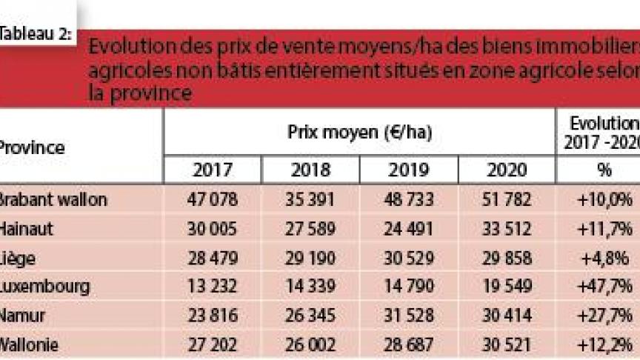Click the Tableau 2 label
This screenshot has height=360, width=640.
coord(36,33)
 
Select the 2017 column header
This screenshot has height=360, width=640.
coord(212,170)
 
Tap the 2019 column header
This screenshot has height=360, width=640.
coord(408,170)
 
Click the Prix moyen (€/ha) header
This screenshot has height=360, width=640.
coord(359,133)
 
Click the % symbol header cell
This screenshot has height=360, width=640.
coord(604,170)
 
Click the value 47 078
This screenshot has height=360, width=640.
coord(212,199)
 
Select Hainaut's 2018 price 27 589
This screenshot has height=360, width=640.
coord(310,228)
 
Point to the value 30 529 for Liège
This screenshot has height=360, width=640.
coord(408,257)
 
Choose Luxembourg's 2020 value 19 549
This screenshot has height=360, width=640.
coord(507,286)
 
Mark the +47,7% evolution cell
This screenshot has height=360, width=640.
coord(604,286)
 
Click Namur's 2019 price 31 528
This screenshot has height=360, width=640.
coord(408,315)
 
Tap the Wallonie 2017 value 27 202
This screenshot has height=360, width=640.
coord(212,344)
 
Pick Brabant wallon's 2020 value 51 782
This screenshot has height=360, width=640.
coord(507,199)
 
